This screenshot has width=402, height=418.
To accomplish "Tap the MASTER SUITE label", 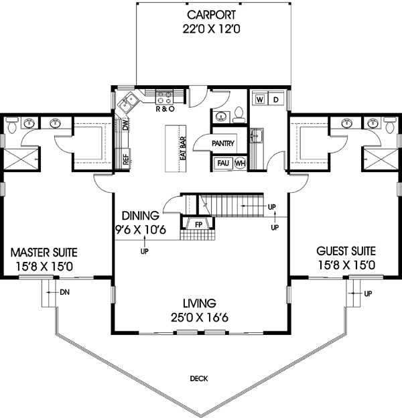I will click(44, 253).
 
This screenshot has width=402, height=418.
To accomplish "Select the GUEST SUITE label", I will click(346, 251).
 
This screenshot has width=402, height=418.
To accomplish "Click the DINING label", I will click(140, 216).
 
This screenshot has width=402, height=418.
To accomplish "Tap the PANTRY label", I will click(222, 143).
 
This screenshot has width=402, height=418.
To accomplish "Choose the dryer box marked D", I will click(276, 100).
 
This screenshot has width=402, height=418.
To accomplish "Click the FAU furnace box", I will click(222, 163).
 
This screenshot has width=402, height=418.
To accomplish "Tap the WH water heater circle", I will click(239, 163).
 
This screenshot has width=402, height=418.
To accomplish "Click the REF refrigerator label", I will click(125, 159).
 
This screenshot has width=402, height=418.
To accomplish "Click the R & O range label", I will click(164, 109).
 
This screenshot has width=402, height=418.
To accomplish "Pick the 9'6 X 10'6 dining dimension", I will click(140, 230).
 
